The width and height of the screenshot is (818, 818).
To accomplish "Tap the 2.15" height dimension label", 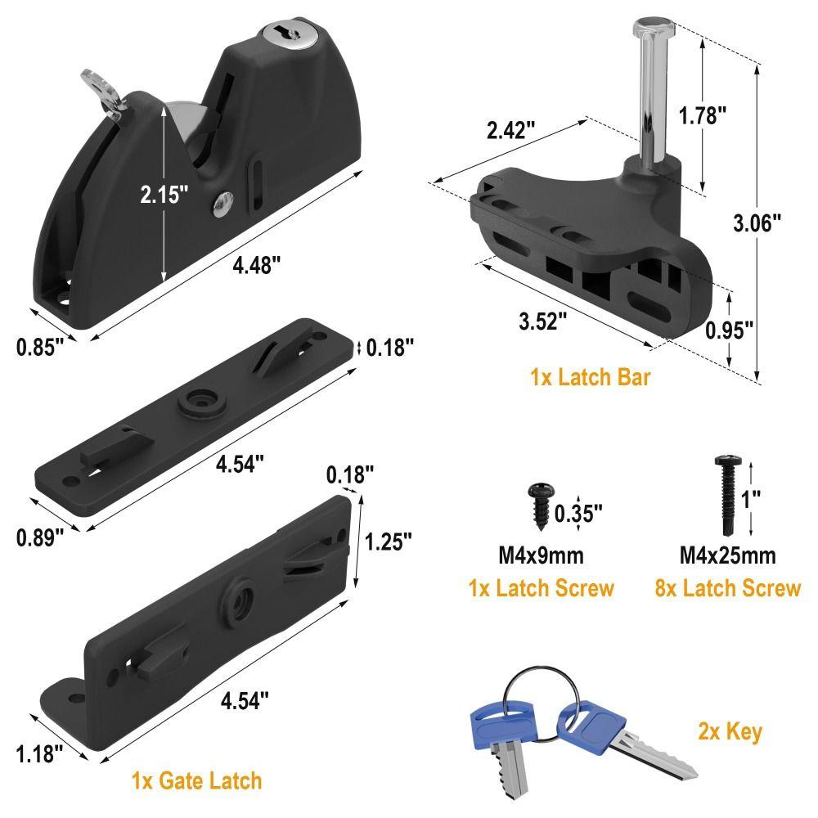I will [x=164, y=195].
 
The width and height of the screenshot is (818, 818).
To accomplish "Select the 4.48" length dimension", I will [x=257, y=264].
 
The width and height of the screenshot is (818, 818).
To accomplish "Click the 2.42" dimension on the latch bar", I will [x=510, y=129].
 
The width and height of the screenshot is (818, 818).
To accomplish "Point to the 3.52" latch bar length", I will [x=543, y=321].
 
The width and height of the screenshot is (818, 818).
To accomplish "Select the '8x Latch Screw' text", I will [x=727, y=588].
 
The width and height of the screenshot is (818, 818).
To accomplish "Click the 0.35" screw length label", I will [x=578, y=513].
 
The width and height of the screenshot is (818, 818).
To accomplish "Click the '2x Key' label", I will [x=730, y=731].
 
